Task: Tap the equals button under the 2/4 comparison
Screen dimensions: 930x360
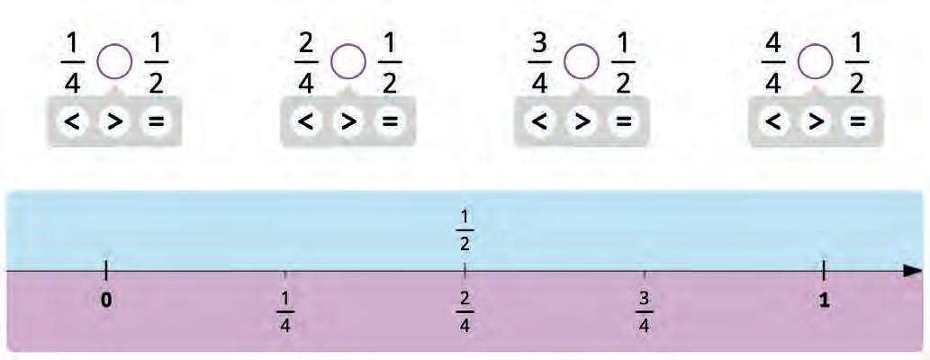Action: [388, 121]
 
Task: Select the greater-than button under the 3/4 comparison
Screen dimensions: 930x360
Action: [582, 121]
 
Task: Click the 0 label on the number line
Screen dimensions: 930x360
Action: [106, 301]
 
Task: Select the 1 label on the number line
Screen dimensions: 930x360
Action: [824, 301]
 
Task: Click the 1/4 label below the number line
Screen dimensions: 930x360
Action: [285, 310]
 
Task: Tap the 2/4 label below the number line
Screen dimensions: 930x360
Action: [465, 310]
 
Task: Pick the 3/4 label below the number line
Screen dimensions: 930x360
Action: [644, 310]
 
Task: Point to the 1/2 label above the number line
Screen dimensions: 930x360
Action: [465, 231]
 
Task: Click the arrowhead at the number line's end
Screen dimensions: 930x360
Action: [912, 271]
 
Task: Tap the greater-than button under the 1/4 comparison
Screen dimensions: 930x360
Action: [115, 121]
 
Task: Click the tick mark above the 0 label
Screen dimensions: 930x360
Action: [106, 270]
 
